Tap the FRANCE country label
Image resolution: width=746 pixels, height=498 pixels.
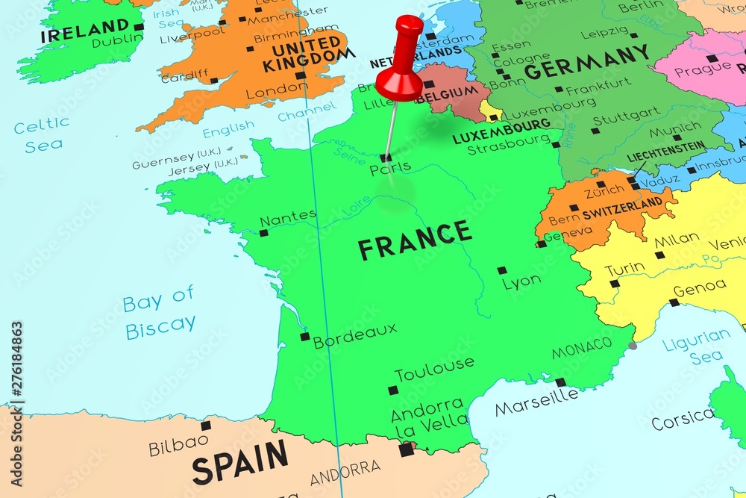pos(415,240)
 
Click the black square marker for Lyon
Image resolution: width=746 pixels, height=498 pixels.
pos(502,270)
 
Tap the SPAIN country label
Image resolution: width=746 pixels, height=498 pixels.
pos(239,461)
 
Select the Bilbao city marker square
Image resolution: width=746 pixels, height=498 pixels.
pos(206,426)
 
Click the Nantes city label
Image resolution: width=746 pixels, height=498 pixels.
pos(288,217)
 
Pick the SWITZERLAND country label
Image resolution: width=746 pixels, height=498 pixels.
pos(622,203)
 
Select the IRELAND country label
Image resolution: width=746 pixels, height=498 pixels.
pos(75,32)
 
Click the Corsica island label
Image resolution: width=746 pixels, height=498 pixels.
pos(682,420)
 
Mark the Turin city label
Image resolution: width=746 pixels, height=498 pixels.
pos(624,270)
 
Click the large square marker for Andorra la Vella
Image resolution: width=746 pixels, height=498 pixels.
pos(407,449)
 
